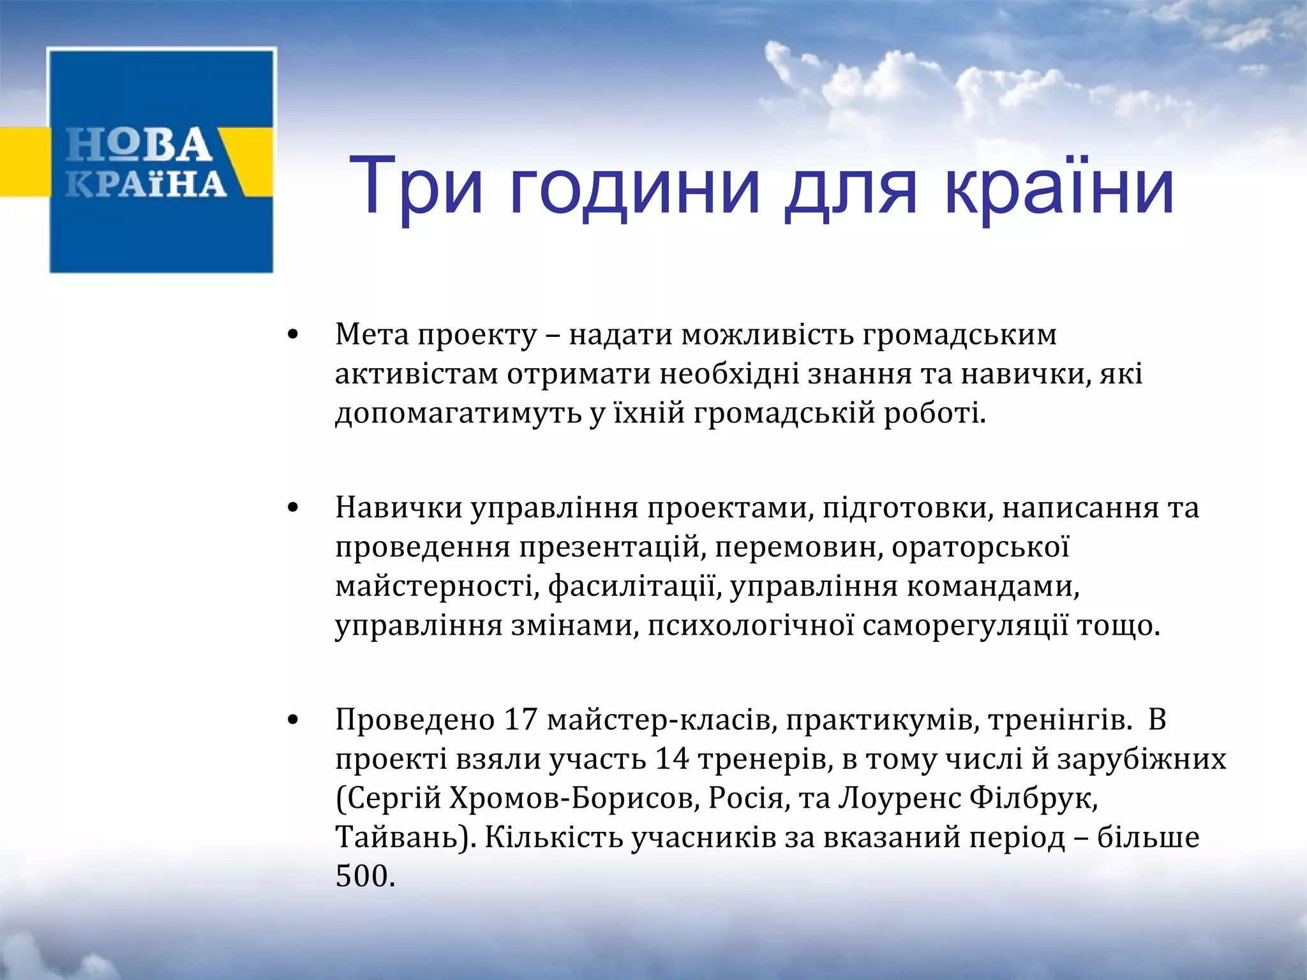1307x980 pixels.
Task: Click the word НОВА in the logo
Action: (139, 145)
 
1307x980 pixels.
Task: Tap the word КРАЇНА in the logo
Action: (146, 184)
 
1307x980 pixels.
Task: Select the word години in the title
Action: (635, 186)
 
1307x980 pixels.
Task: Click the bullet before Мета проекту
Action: (293, 335)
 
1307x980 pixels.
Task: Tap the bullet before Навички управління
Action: (293, 508)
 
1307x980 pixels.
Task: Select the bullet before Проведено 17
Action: (293, 720)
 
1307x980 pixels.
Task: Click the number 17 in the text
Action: (520, 720)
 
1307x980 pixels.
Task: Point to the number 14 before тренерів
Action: (672, 759)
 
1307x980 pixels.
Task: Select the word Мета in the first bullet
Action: (371, 335)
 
